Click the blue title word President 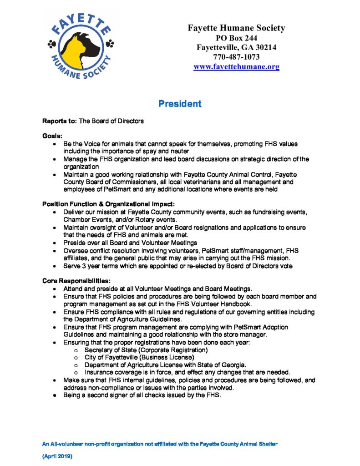(x=180, y=104)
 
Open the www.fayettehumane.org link (x=236, y=66)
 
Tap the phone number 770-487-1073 (x=236, y=57)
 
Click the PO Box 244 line (x=236, y=38)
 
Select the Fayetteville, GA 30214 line (x=236, y=47)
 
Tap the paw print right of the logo (x=111, y=44)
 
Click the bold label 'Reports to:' (x=60, y=121)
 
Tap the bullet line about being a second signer (x=142, y=395)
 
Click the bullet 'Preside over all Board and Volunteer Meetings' (x=130, y=243)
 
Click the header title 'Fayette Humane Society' (x=236, y=28)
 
